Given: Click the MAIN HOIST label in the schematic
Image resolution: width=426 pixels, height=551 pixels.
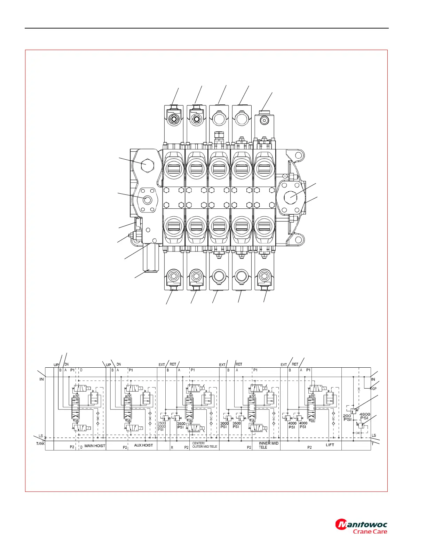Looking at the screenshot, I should tap(95, 446).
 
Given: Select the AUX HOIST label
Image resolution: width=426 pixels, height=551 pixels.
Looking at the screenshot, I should tap(143, 445).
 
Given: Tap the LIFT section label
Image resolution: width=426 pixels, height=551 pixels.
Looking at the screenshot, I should tap(330, 445).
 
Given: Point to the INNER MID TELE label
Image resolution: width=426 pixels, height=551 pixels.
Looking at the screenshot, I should tap(268, 445).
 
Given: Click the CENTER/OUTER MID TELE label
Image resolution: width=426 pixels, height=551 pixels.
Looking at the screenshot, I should tap(205, 445).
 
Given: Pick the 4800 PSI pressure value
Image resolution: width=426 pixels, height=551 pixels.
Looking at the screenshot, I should tap(364, 416).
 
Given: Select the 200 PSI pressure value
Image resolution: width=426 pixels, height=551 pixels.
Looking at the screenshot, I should tap(347, 417).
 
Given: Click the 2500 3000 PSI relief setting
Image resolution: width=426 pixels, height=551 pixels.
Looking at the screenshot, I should tap(161, 426).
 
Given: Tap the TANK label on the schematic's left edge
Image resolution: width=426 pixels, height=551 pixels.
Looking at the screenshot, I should tap(40, 444).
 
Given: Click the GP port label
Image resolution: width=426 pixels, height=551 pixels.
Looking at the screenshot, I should tap(374, 389).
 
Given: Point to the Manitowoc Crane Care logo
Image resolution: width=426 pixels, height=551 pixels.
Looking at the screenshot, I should tap(361, 527).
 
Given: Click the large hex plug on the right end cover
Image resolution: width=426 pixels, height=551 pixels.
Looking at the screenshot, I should tap(291, 197).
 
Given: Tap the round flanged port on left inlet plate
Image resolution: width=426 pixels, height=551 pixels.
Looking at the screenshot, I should tap(147, 200).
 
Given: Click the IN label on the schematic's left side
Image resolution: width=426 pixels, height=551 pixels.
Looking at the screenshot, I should tap(41, 379).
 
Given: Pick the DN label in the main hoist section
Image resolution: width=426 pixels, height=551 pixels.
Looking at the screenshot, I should tap(66, 365).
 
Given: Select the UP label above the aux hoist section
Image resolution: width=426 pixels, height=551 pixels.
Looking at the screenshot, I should tap(108, 365).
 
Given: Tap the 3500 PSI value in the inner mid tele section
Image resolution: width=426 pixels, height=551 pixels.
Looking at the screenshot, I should tap(236, 425).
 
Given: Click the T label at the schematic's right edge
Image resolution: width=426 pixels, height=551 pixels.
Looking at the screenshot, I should tap(373, 444).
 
